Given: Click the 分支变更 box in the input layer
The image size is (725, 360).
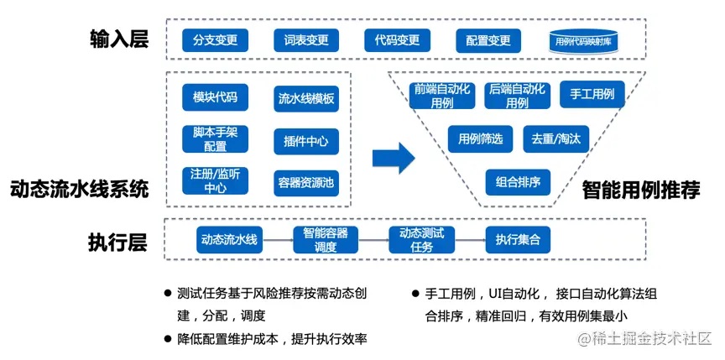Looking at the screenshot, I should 216,39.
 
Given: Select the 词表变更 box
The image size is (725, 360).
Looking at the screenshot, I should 306,39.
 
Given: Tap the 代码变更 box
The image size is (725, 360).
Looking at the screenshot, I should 397,39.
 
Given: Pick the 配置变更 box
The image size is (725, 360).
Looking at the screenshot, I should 488,40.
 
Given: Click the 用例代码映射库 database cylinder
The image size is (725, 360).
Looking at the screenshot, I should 585,40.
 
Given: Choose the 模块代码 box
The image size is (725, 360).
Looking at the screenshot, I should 215,97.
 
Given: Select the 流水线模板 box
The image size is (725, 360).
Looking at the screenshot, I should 306,99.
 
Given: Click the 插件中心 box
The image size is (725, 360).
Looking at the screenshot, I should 306,141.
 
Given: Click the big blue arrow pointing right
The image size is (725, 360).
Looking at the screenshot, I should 394,156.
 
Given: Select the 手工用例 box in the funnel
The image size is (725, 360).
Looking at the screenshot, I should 592,94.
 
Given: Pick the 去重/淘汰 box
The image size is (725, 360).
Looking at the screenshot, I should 550,138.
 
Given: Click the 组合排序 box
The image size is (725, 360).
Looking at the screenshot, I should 518,181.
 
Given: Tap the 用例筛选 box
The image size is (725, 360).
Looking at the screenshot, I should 479,138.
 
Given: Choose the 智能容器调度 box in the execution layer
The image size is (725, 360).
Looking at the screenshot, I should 326,240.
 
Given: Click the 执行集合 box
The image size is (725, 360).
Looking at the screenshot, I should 518,240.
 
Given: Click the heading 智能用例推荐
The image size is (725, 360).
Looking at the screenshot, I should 641,190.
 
